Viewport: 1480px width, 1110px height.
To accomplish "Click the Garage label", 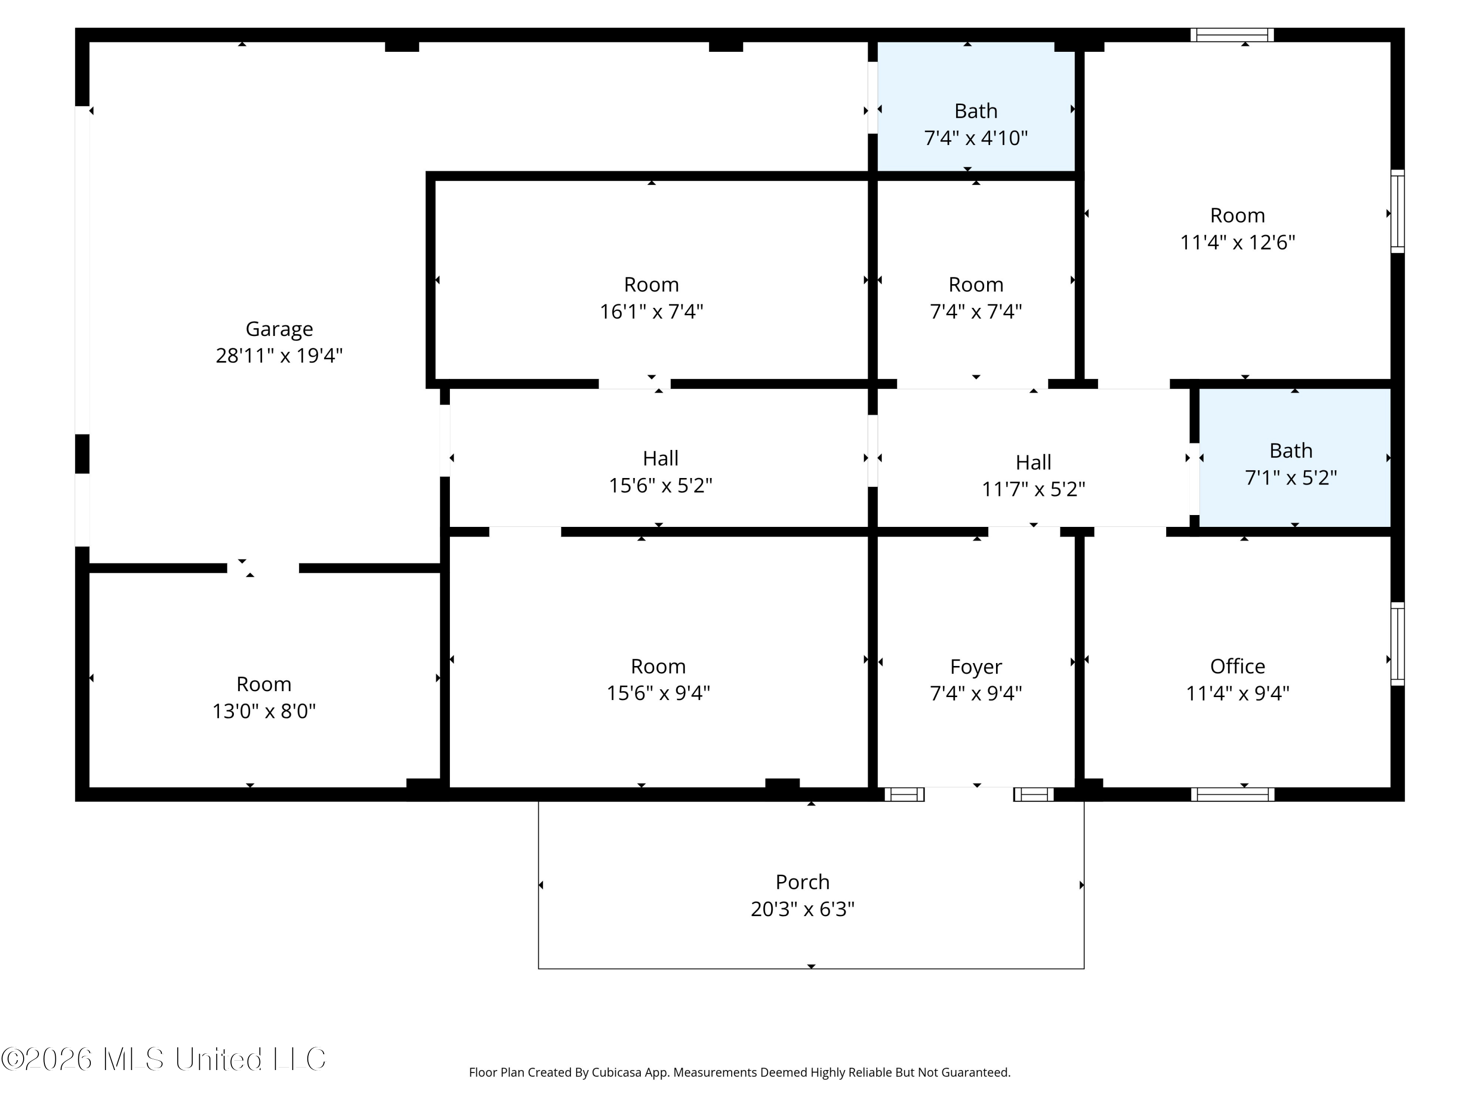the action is [x=279, y=329].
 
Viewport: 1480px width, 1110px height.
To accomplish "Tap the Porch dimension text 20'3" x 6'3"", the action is [x=802, y=909].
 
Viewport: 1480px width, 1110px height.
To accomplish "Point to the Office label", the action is [x=1237, y=666].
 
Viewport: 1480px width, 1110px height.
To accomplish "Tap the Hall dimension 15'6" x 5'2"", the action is [x=661, y=485].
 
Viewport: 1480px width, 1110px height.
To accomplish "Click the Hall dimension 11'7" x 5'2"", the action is [x=1033, y=489].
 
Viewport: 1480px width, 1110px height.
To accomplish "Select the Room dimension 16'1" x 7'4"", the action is [x=651, y=311].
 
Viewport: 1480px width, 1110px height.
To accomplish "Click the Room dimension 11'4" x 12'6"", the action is [x=1237, y=242].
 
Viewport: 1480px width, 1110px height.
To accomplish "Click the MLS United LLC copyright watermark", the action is [x=164, y=1059].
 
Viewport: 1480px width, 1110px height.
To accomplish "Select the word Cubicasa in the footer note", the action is [x=616, y=1073].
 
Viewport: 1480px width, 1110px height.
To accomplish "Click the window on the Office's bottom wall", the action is [x=1232, y=794].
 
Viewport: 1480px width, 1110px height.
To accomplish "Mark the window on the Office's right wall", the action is [x=1398, y=644].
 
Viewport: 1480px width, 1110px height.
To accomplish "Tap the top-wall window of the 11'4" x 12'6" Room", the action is [x=1232, y=35].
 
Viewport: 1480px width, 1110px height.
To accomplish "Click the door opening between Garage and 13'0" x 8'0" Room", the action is [x=263, y=568].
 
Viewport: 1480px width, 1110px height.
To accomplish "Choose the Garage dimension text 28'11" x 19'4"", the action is [x=279, y=355].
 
